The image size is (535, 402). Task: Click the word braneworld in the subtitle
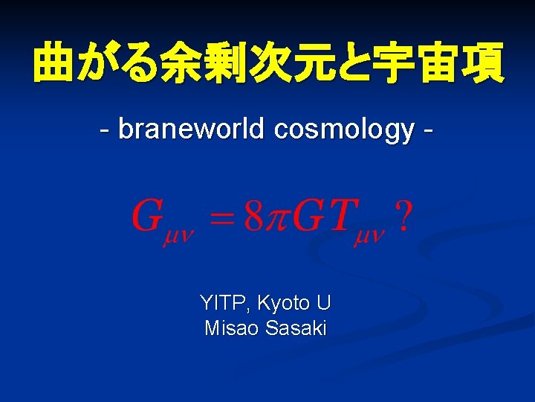(192, 129)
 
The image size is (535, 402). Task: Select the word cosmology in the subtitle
(343, 130)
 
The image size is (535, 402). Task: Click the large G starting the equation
(147, 216)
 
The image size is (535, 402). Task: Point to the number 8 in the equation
(255, 216)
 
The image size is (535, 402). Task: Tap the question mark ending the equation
(402, 216)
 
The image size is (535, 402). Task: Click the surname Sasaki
(295, 328)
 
